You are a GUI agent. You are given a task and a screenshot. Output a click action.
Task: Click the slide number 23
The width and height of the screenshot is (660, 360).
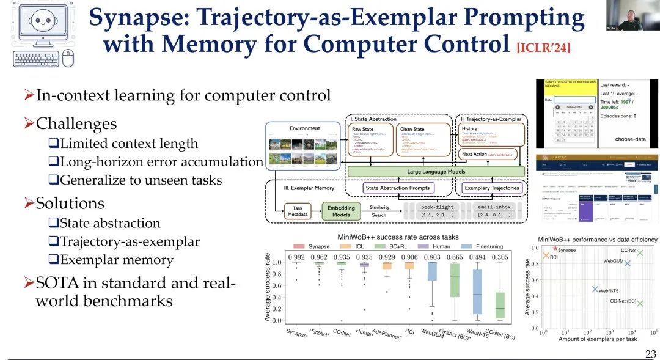(650, 354)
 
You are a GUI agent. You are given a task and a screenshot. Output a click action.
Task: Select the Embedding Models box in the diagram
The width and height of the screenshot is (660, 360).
(340, 211)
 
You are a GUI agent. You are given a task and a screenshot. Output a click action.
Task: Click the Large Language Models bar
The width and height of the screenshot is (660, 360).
(436, 172)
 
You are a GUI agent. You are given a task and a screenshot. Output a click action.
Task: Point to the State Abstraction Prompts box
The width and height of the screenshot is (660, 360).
(406, 188)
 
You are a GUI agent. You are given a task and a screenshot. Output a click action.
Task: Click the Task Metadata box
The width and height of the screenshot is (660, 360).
(298, 211)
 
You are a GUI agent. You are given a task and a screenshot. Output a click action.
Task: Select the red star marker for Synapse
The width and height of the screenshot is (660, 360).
(555, 248)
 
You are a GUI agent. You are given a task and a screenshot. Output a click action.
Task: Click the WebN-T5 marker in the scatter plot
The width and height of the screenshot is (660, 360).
(595, 289)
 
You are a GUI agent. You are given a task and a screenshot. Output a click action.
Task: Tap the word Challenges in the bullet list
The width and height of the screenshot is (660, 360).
(76, 123)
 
